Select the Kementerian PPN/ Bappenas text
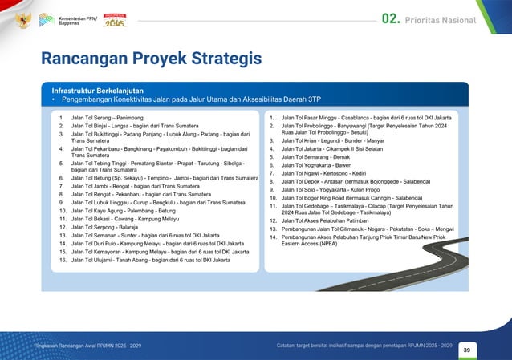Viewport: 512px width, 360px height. click(x=76, y=20)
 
